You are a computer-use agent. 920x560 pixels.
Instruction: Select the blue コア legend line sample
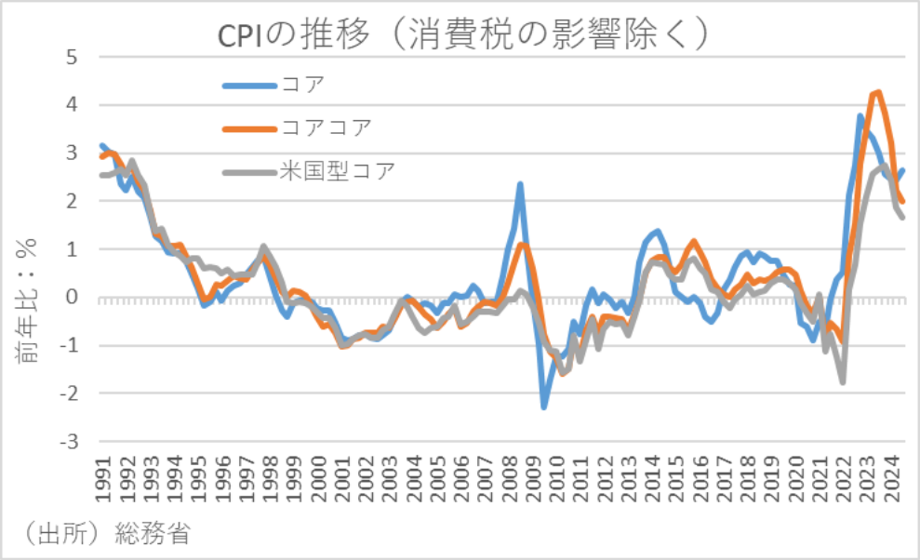coord(249,86)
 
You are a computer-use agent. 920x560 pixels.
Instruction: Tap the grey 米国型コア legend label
coord(338,171)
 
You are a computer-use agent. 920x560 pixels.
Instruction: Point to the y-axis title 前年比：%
coord(27,298)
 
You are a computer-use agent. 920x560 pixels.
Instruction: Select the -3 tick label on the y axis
coord(68,442)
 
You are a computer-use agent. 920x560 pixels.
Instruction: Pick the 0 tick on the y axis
coord(72,298)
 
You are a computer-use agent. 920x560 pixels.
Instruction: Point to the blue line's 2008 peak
coord(520,184)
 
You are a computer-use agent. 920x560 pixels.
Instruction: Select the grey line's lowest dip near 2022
coord(843,381)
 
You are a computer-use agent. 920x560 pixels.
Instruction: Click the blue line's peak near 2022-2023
coord(860,116)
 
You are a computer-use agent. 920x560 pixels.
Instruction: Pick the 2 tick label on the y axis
coord(72,201)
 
